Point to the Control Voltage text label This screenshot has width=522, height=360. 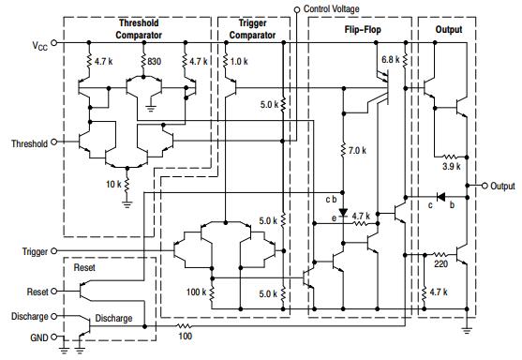(341, 8)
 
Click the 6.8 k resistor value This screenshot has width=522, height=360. (390, 60)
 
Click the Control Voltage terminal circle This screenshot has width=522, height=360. (297, 9)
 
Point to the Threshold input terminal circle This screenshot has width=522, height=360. (53, 142)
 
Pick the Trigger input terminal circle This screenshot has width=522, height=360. (54, 251)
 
